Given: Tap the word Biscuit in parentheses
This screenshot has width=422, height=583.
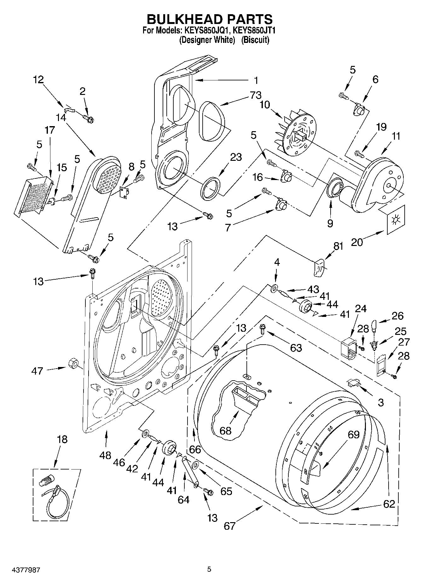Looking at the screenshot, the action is [255, 40].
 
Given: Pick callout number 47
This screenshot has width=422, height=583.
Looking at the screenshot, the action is [37, 371].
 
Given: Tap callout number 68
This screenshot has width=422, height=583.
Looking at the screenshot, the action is [226, 431].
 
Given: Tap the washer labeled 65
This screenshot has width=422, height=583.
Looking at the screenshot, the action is [195, 465].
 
